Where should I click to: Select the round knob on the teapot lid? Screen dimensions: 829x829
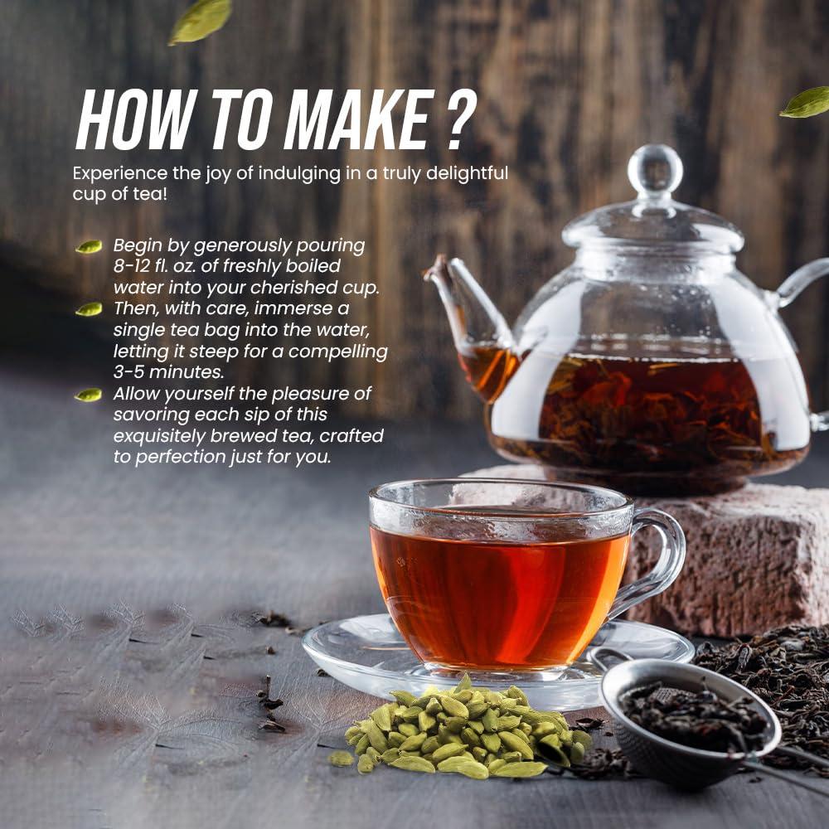655,170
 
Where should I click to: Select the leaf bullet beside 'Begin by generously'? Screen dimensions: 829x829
89,246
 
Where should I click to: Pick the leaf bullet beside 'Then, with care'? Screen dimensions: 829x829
89,309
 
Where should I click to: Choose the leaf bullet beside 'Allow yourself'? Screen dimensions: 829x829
89,395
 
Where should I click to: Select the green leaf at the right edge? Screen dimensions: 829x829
806,102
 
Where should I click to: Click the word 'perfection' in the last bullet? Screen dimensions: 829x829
182,457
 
